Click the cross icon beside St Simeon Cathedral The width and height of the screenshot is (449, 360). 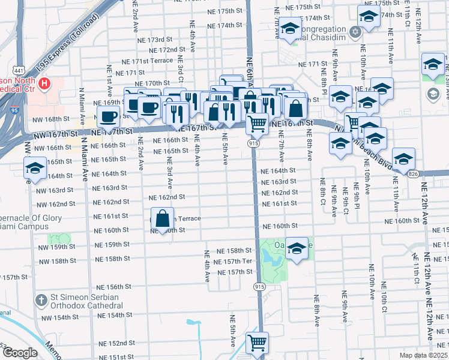tap(41, 299)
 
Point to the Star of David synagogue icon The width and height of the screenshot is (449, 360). tap(355, 31)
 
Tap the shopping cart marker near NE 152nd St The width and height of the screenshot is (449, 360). tap(257, 343)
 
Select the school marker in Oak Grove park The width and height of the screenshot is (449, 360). tap(296, 248)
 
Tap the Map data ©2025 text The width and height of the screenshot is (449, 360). tap(424, 355)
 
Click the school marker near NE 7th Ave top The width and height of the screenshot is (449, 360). tap(289, 29)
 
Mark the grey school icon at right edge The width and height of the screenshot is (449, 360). tap(432, 94)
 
